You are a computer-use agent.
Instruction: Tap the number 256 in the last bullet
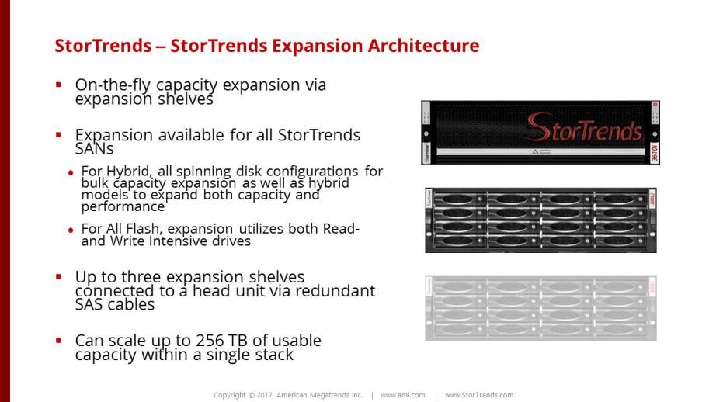click(210, 341)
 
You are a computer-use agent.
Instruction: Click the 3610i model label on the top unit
click(655, 152)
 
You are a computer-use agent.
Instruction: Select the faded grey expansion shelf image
click(540, 308)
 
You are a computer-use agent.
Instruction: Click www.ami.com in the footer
click(403, 395)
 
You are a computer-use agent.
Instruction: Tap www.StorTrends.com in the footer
click(479, 395)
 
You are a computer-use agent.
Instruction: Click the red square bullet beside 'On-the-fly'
click(58, 85)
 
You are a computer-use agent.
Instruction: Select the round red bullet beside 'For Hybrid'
click(71, 173)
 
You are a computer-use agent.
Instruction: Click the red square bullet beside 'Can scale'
click(58, 340)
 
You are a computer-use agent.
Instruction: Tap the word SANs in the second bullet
click(95, 149)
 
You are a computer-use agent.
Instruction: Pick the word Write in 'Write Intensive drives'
click(127, 241)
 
